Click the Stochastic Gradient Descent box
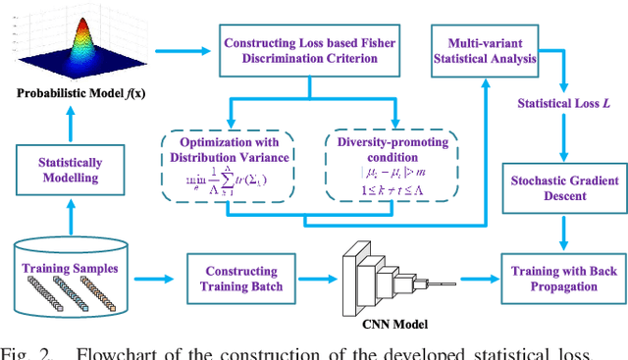coord(562,187)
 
